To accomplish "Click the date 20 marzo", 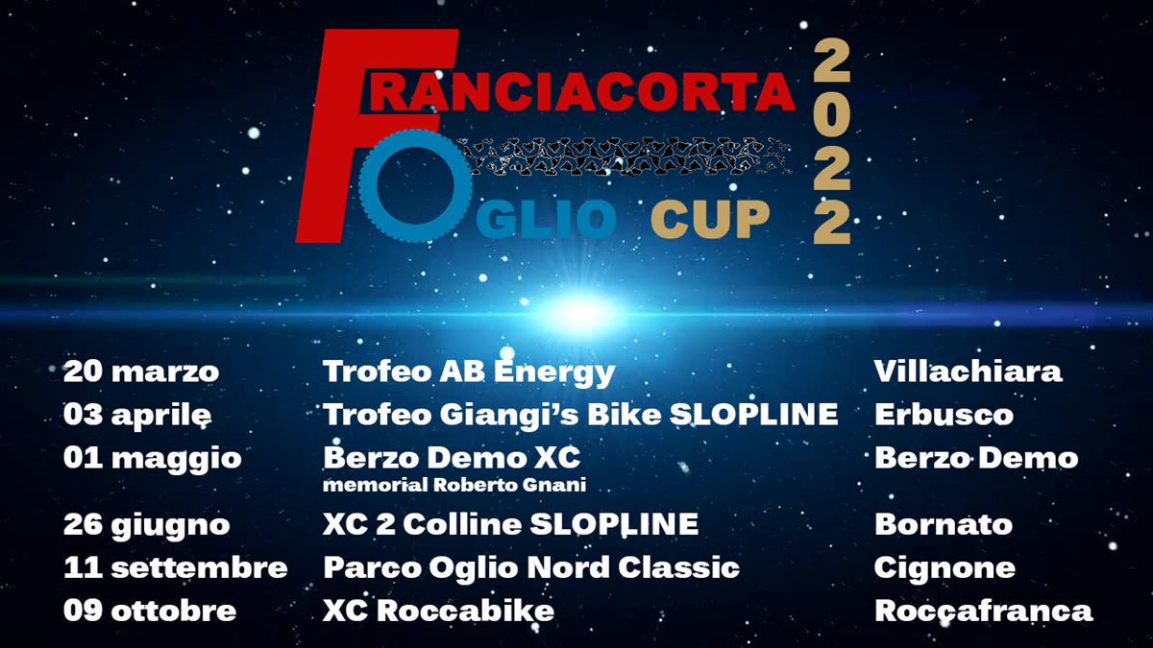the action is (x=141, y=372).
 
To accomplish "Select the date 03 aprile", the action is (x=137, y=416).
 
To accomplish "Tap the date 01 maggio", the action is (x=153, y=459).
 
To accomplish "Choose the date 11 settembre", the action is (x=176, y=567).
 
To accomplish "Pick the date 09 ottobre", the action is (x=150, y=611).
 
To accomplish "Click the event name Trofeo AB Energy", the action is (x=469, y=372).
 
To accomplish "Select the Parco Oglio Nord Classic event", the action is (x=531, y=567).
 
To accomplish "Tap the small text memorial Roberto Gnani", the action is (x=454, y=485).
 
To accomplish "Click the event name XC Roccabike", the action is (x=438, y=611).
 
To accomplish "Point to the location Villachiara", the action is (x=968, y=372).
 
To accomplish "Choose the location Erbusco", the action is (x=944, y=415).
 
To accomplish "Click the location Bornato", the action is (x=944, y=524).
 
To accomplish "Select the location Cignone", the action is (x=944, y=568).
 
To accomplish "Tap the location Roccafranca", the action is (x=983, y=611).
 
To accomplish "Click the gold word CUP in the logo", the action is (x=710, y=220).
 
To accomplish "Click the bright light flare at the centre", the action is (x=580, y=312).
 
